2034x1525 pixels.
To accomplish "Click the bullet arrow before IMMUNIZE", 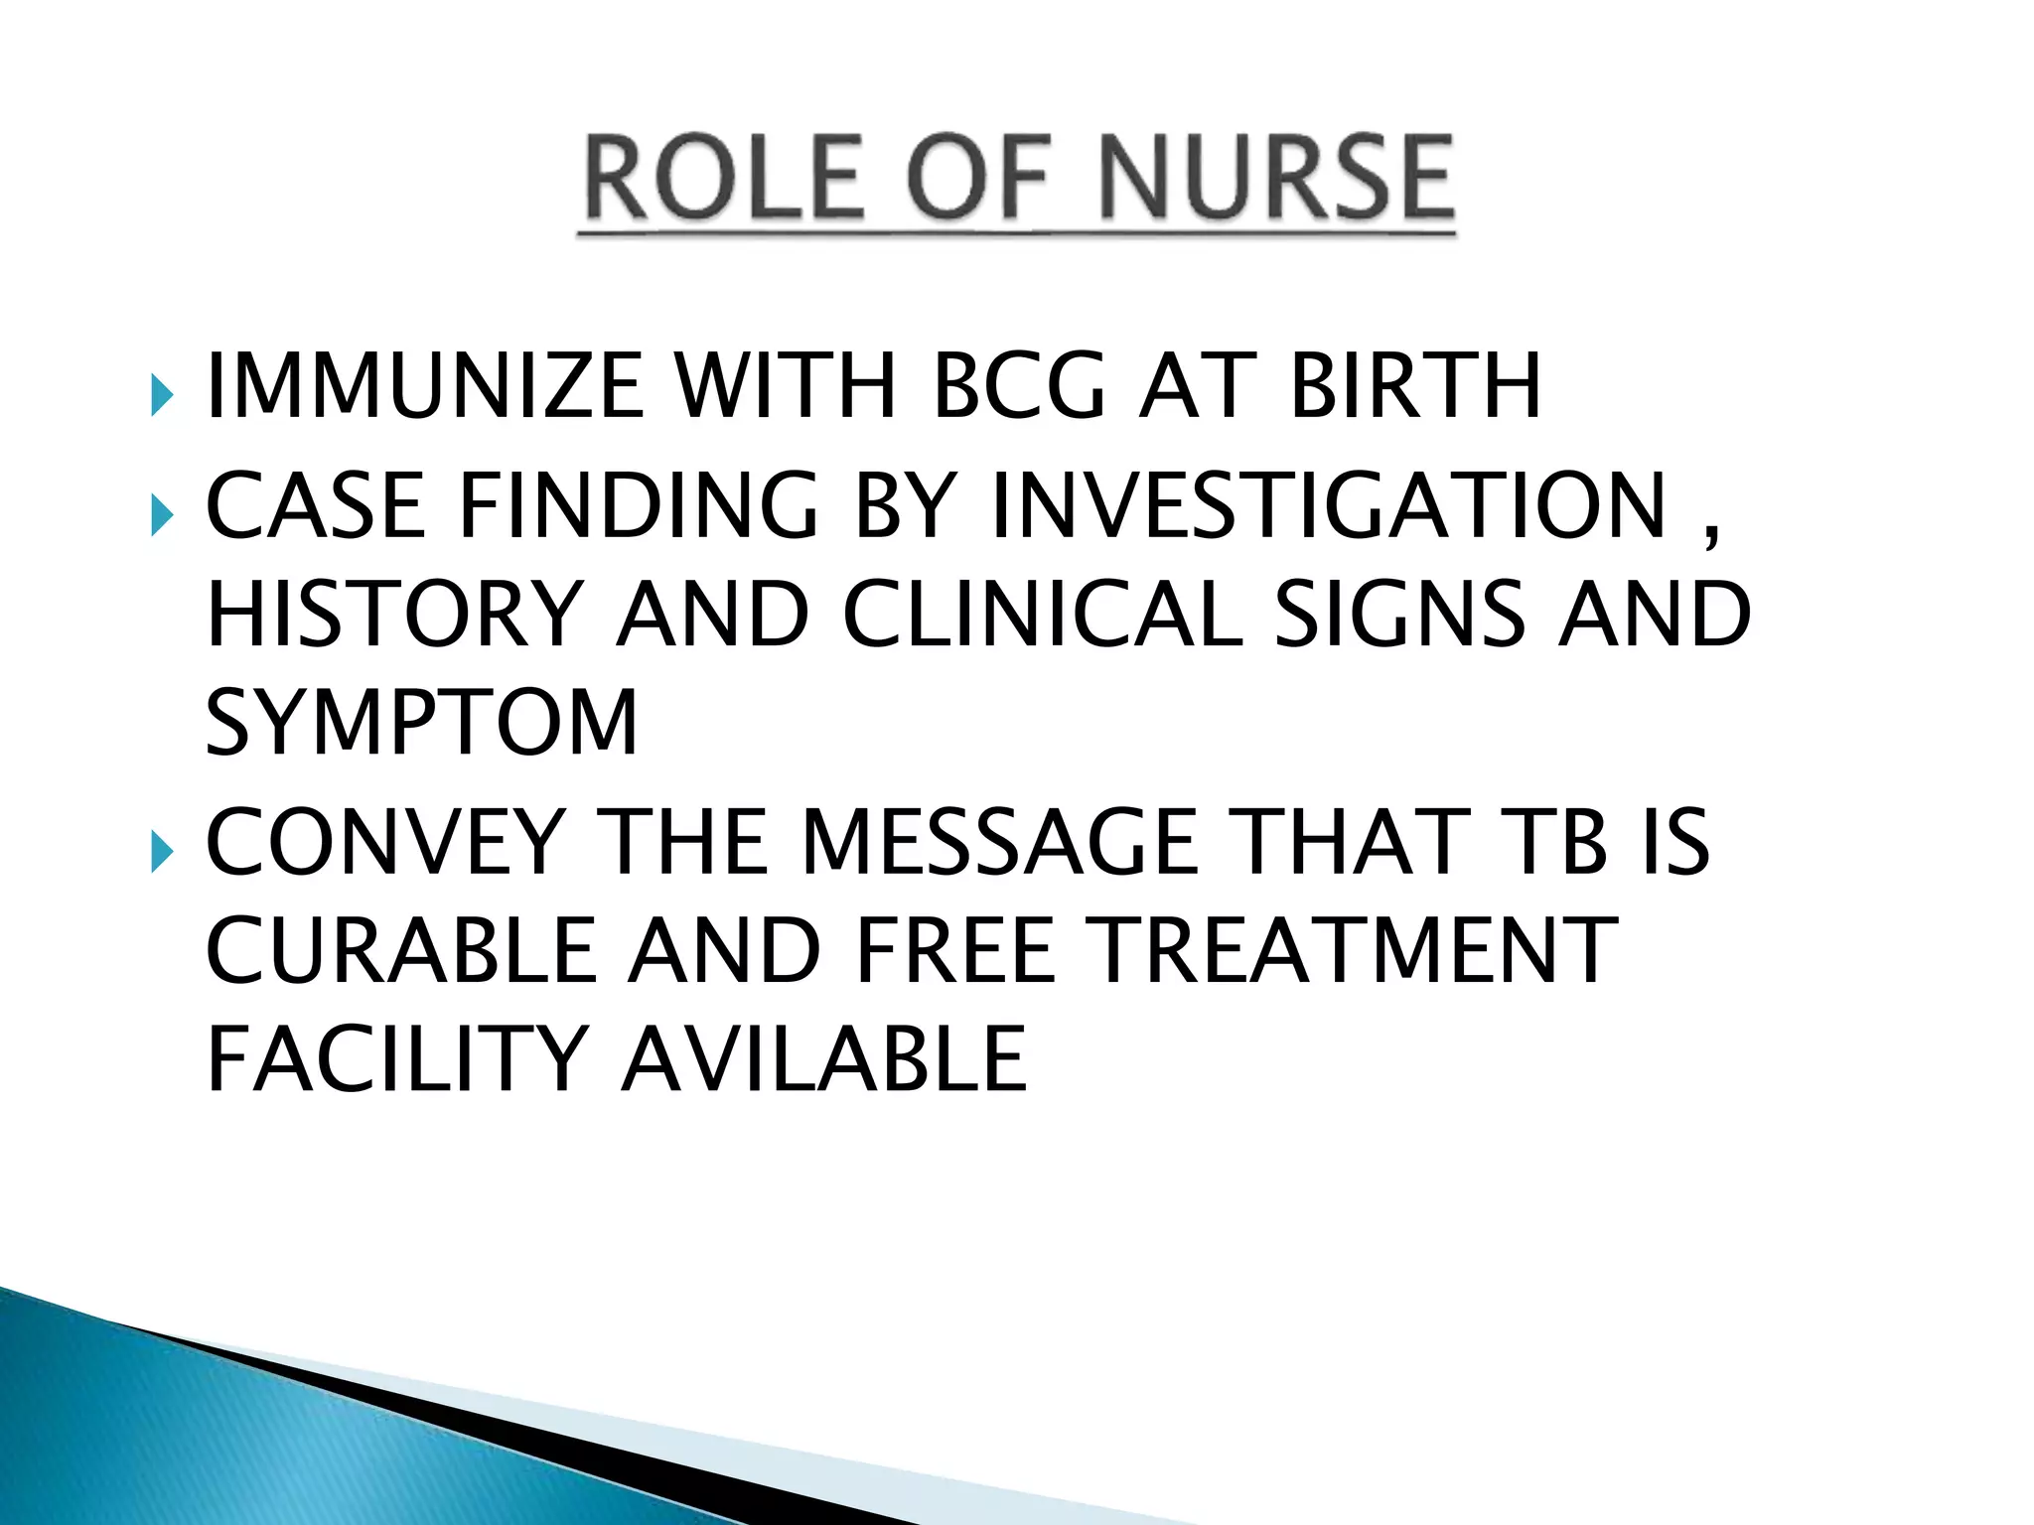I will (162, 396).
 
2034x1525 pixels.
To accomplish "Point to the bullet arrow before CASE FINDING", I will (162, 516).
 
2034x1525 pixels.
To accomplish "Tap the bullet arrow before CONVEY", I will (162, 852).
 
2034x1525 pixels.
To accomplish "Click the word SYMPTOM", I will (421, 723).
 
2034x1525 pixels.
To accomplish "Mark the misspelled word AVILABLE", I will (823, 1059).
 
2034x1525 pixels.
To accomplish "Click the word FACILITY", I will (397, 1059).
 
